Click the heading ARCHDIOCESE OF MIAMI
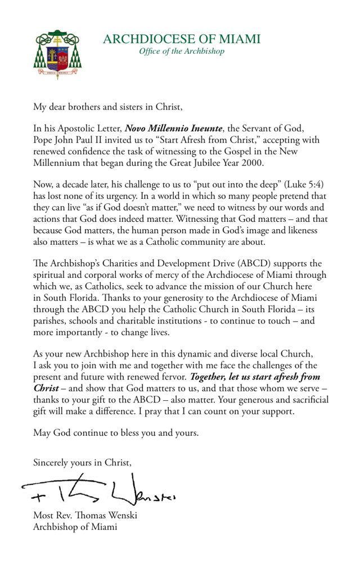(182, 39)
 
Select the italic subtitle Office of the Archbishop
(182, 52)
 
